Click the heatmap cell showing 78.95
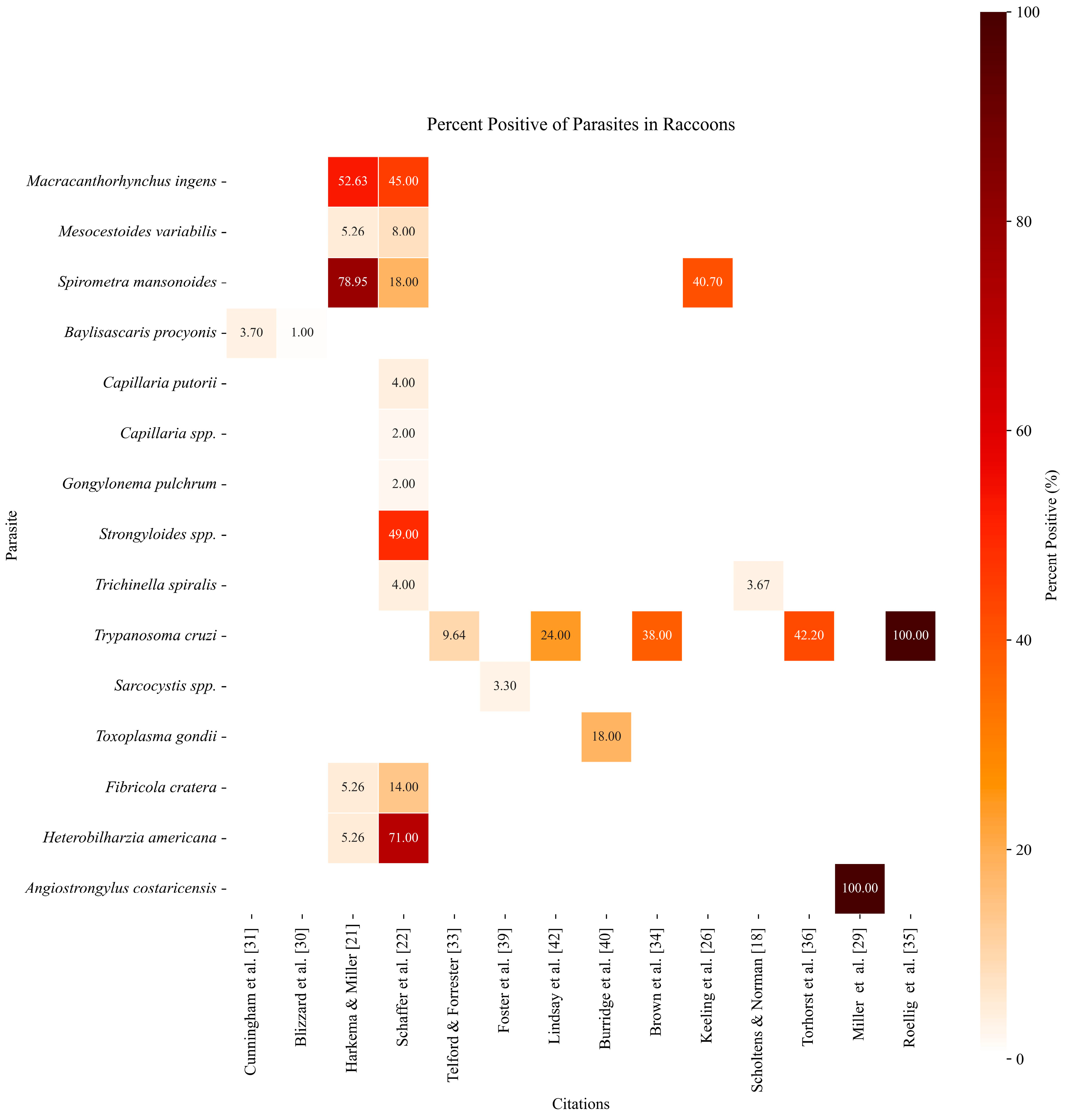[x=352, y=282]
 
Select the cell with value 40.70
[x=707, y=282]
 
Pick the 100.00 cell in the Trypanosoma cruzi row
[x=910, y=635]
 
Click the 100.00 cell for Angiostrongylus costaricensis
[x=859, y=888]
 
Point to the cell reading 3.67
[x=758, y=585]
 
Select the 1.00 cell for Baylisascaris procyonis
[x=302, y=333]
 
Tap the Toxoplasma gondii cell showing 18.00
[x=606, y=736]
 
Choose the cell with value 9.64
[x=454, y=635]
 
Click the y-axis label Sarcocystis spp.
[x=165, y=686]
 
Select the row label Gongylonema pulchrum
[x=140, y=484]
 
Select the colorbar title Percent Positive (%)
[x=1051, y=535]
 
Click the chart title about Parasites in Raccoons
[x=580, y=124]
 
